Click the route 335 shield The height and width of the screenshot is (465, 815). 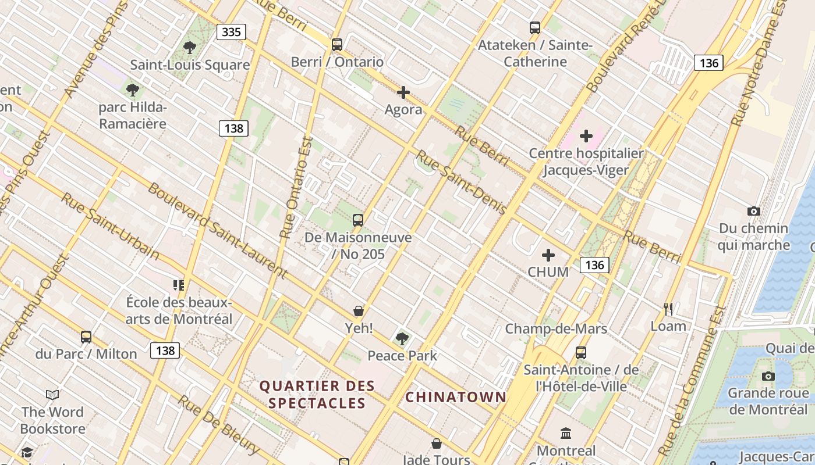pos(231,32)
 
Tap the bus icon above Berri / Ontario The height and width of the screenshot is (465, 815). pos(336,45)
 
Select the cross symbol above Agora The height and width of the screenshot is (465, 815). pos(403,92)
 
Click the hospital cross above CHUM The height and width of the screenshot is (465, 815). pos(548,255)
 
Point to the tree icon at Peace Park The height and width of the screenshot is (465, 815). pos(402,338)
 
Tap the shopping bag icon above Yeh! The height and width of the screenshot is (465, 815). pos(359,311)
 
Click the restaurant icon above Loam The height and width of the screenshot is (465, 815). pos(668,309)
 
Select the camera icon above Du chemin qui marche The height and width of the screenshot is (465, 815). pos(753,211)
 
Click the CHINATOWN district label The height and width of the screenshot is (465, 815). pos(455,397)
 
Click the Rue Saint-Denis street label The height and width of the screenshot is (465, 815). pos(460,182)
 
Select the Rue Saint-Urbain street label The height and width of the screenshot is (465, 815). pos(110,226)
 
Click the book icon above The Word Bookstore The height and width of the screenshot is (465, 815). pos(52,395)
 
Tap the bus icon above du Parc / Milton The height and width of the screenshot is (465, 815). pos(86,337)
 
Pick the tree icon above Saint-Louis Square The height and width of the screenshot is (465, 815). pos(189,48)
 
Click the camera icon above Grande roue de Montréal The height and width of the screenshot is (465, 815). pos(768,376)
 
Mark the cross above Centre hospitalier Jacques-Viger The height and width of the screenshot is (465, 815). pos(586,136)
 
